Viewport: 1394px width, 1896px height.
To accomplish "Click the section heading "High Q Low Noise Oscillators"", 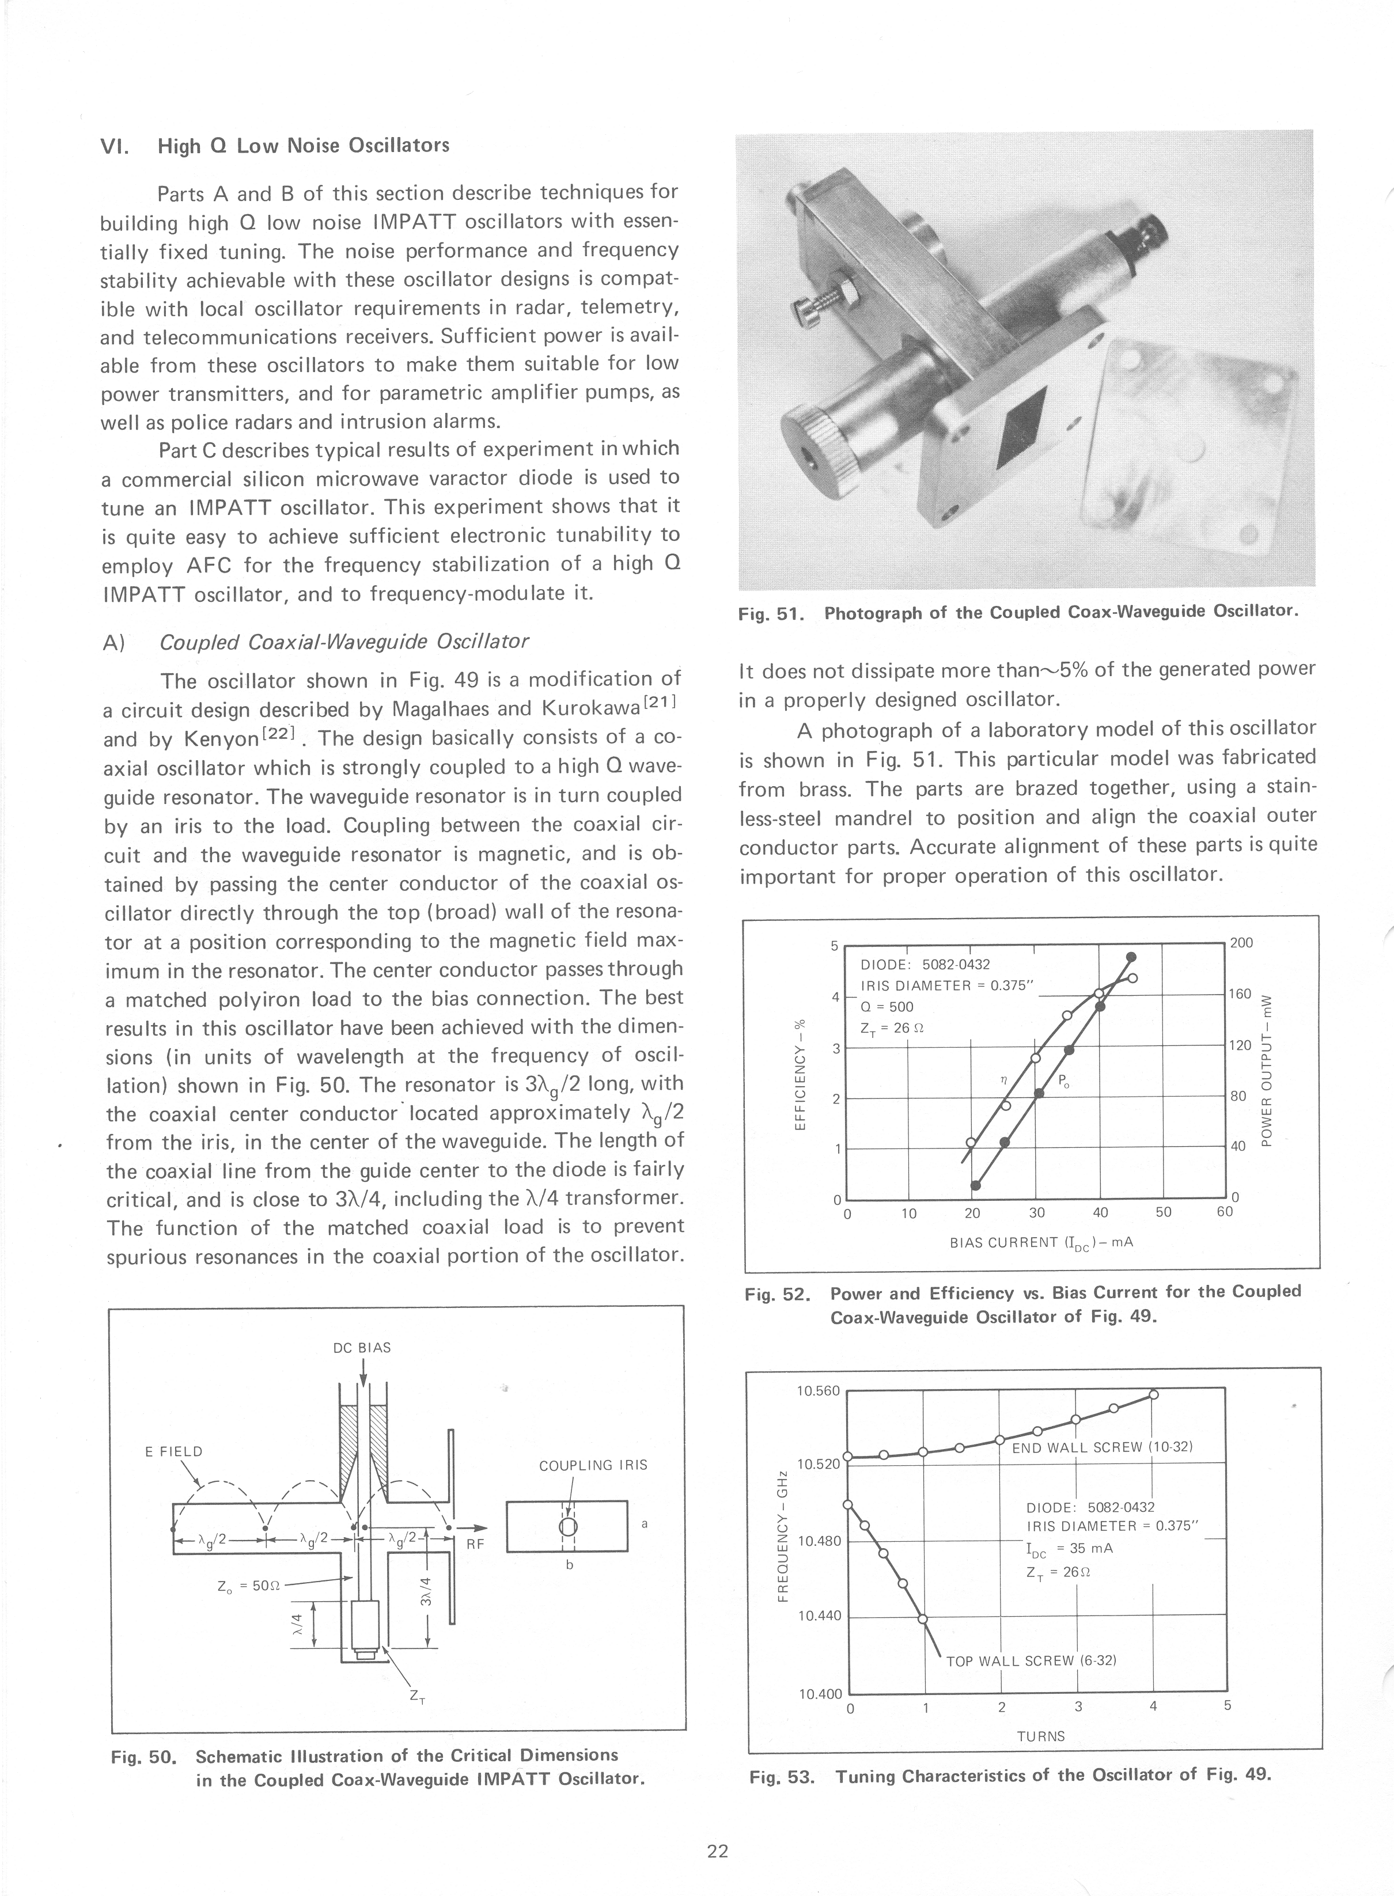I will click(303, 146).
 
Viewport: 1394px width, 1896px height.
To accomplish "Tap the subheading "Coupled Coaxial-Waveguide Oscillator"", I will click(344, 641).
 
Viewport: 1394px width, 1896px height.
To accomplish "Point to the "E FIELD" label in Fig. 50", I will click(174, 1451).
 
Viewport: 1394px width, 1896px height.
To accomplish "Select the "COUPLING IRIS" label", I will click(593, 1465).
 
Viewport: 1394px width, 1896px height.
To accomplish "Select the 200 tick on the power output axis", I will click(1241, 942).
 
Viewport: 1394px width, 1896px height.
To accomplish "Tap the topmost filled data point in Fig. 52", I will click(1131, 956).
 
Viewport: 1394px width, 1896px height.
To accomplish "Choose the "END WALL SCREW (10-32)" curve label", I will click(1101, 1447).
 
